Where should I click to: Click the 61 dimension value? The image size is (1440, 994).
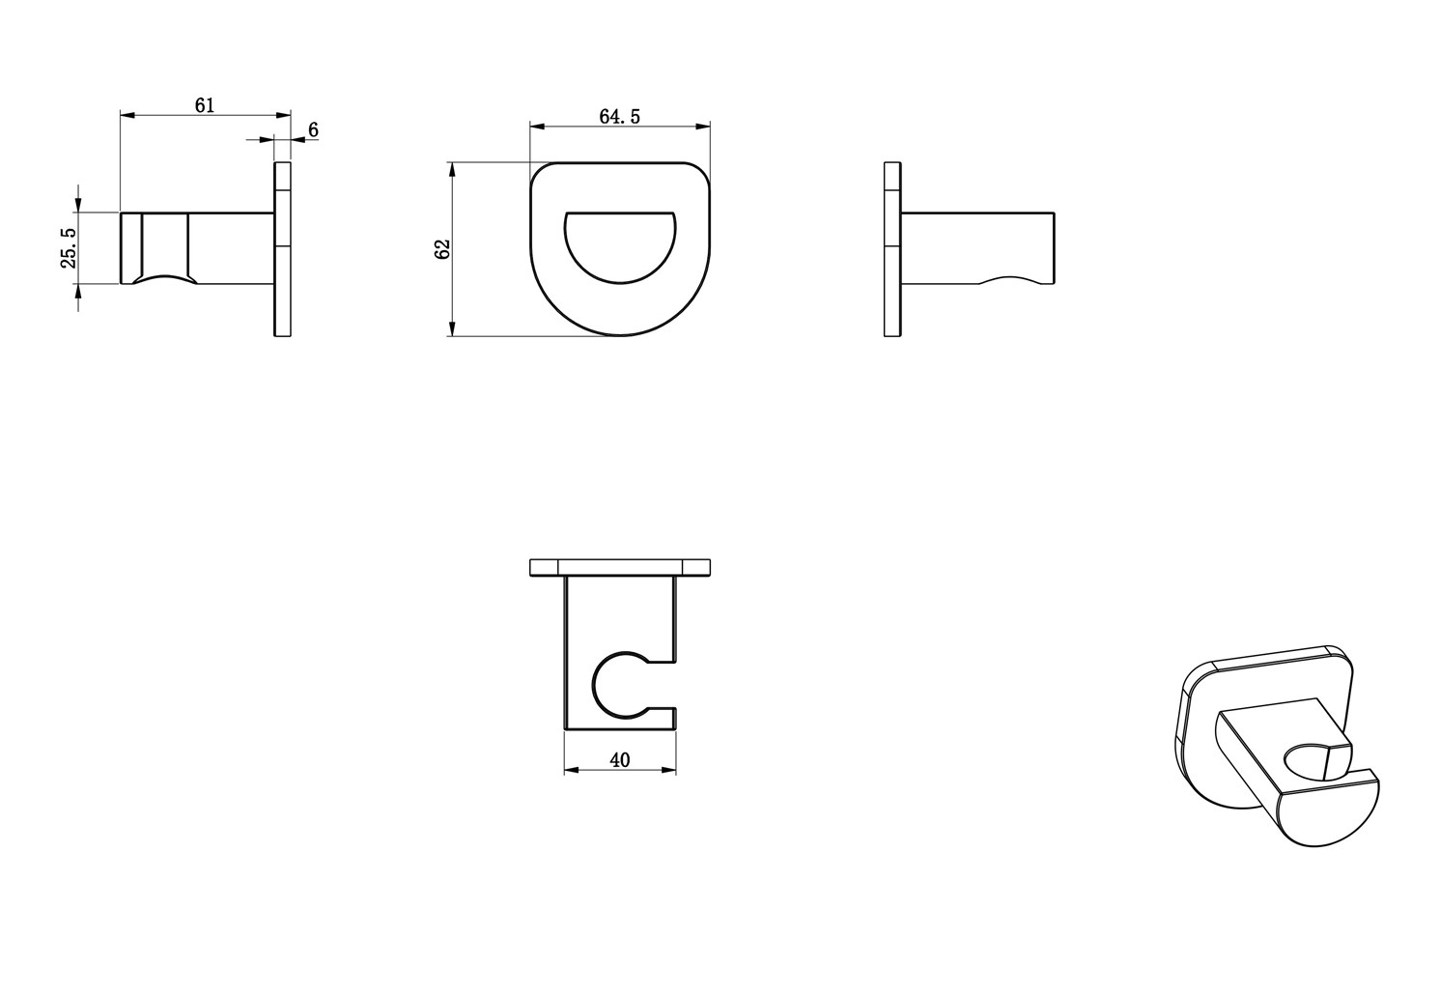pos(205,105)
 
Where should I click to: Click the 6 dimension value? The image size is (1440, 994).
pos(313,129)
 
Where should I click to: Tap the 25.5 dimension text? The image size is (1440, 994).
pos(69,247)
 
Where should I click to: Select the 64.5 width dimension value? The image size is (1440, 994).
pos(620,116)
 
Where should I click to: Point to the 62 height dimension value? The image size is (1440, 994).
pos(442,249)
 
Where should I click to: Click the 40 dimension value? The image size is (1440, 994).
pos(620,760)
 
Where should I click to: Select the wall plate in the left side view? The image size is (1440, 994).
pos(282,249)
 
